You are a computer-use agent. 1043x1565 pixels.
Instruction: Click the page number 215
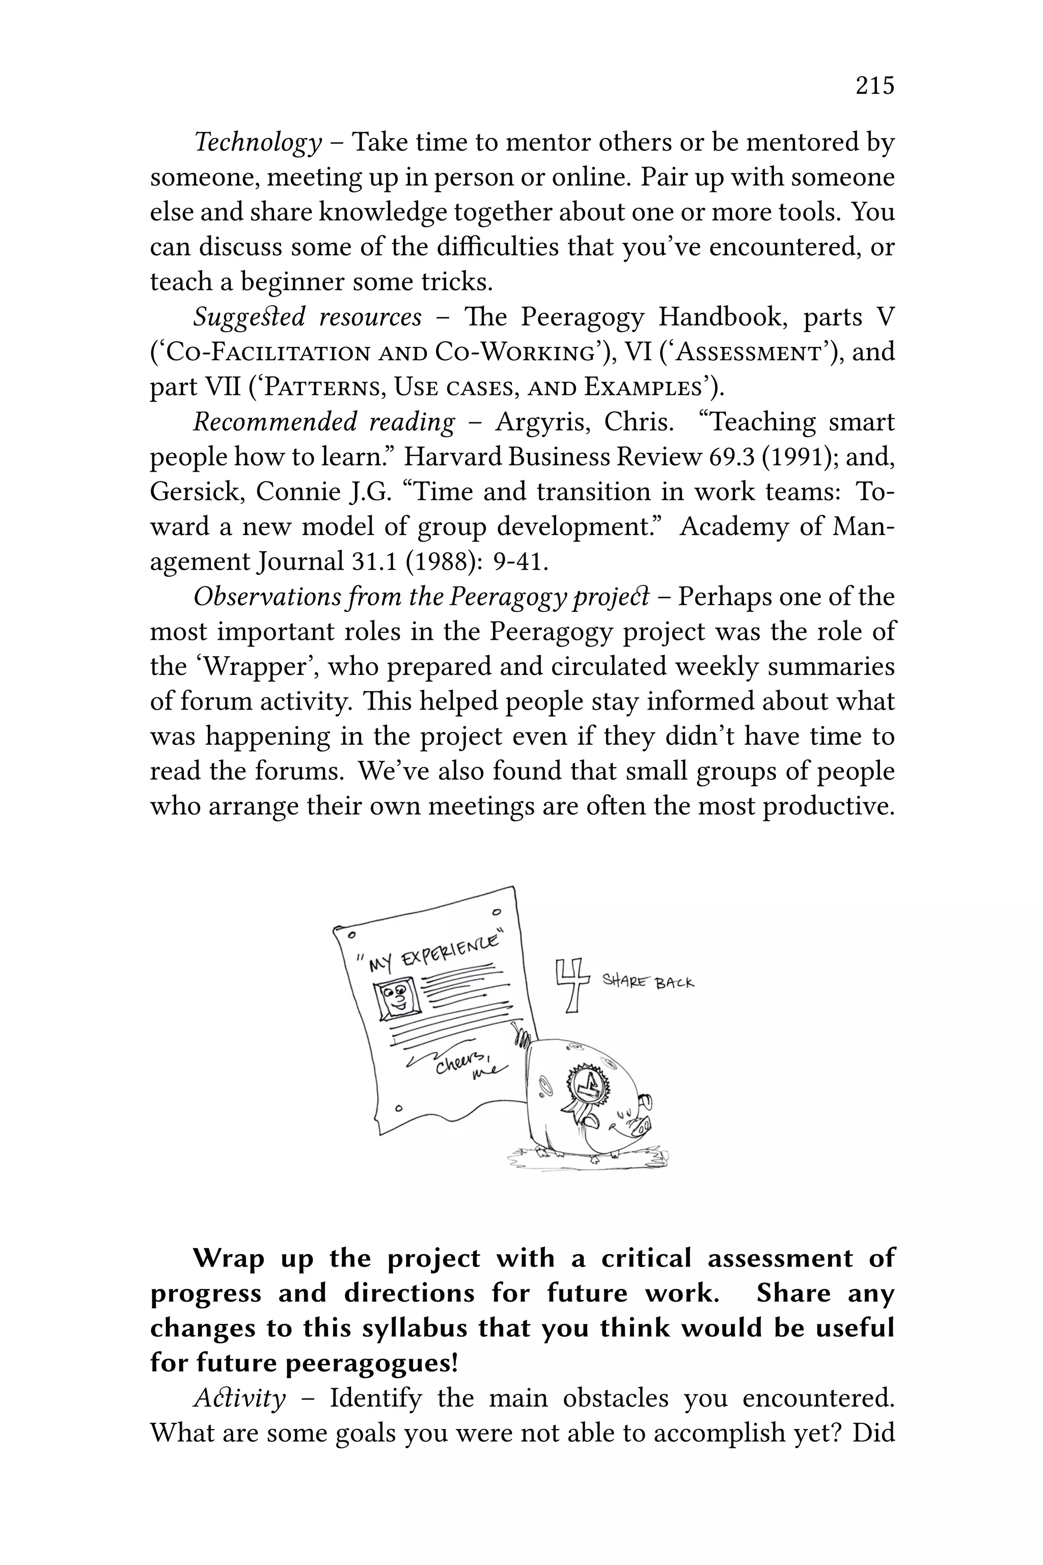click(875, 86)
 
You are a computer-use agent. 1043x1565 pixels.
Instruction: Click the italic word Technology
click(257, 143)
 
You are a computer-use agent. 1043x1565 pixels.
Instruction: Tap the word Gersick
click(196, 492)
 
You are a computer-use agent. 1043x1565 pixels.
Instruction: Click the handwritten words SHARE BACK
click(648, 981)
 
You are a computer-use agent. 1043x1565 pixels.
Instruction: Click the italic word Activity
click(239, 1398)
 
